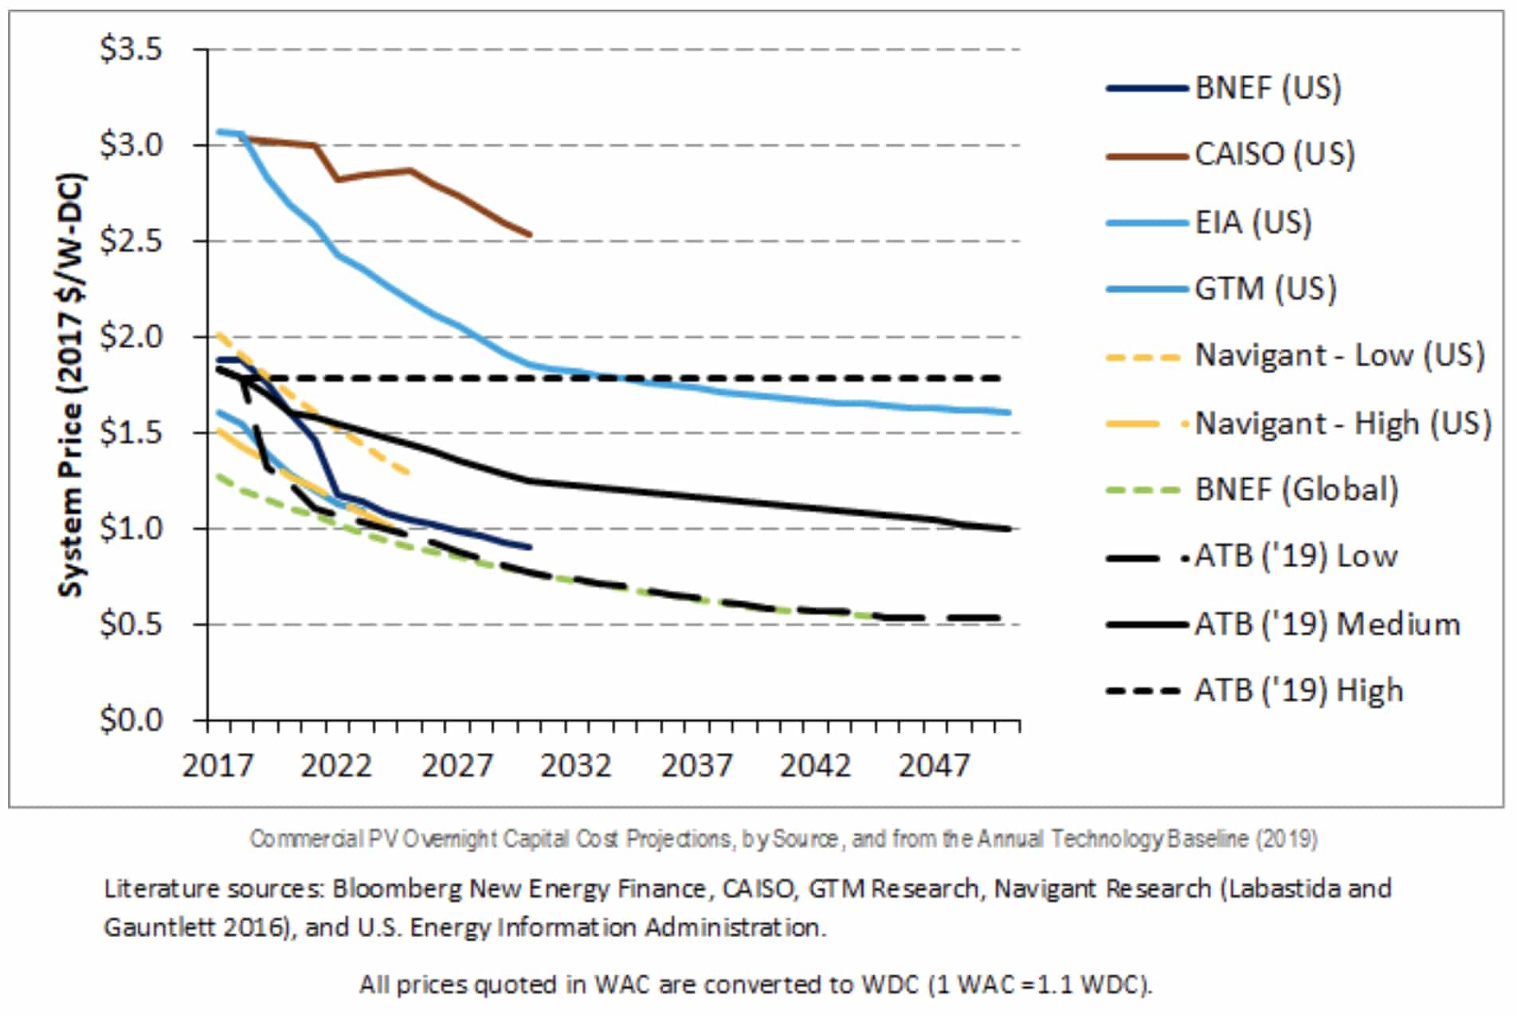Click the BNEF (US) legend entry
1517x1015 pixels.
coord(1267,88)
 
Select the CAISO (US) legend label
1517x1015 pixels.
coord(1273,154)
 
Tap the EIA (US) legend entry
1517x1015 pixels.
coord(1252,222)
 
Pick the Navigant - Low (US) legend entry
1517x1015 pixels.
coord(1339,355)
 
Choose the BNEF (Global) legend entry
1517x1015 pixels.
coord(1296,489)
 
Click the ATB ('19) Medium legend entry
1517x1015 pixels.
coord(1327,624)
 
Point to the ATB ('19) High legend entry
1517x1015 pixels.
coord(1298,691)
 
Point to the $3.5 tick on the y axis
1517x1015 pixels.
coord(131,50)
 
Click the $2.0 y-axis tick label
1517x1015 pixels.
coord(131,337)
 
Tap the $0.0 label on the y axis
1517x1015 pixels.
coord(131,720)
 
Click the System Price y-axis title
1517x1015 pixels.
coord(71,384)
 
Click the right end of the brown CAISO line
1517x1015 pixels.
coord(530,235)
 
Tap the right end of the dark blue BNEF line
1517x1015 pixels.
coord(530,547)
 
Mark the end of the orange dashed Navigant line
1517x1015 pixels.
coord(409,472)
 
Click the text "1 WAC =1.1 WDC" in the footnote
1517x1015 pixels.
coord(1038,985)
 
